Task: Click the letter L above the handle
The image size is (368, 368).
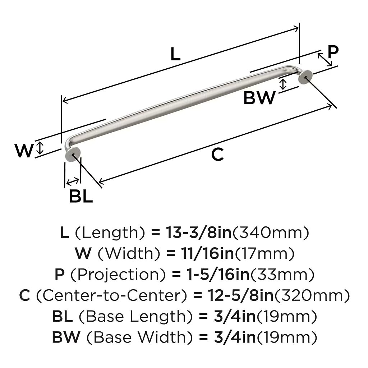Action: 175,54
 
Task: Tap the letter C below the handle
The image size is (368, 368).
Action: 217,155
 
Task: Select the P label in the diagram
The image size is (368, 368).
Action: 333,52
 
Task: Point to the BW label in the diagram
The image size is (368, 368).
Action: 259,98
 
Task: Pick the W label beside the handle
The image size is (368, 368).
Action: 24,151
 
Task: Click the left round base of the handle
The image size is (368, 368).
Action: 73,155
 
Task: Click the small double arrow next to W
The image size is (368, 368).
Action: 40,148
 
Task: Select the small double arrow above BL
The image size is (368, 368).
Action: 73,181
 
